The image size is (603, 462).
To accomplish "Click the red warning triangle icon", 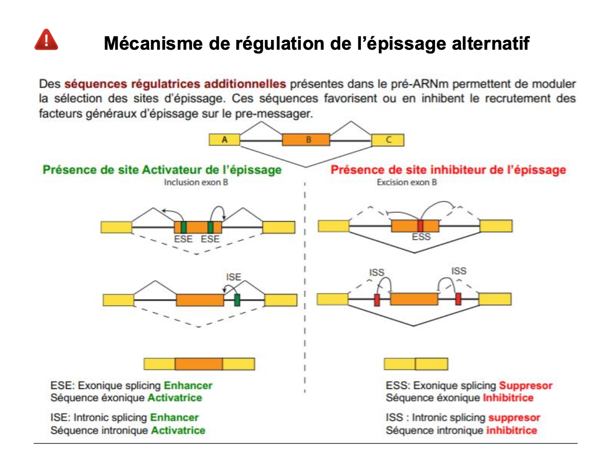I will tap(46, 40).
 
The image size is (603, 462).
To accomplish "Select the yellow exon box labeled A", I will tap(224, 140).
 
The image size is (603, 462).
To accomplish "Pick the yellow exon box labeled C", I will tap(388, 140).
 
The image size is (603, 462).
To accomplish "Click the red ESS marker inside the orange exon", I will tap(420, 226).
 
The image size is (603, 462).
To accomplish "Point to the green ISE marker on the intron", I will tap(237, 300).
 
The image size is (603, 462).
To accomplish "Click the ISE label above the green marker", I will tap(234, 277).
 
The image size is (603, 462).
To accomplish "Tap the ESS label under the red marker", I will tap(421, 238).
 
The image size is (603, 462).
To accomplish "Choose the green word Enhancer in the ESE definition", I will tap(188, 386).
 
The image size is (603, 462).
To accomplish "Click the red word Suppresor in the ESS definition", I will tap(525, 386).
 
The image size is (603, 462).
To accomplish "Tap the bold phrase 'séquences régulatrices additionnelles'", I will tap(176, 83).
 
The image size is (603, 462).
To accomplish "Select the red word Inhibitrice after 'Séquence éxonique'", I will tap(508, 398).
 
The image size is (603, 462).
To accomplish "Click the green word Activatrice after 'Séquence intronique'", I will tap(178, 430).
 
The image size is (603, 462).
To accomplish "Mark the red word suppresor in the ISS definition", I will tap(514, 418).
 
